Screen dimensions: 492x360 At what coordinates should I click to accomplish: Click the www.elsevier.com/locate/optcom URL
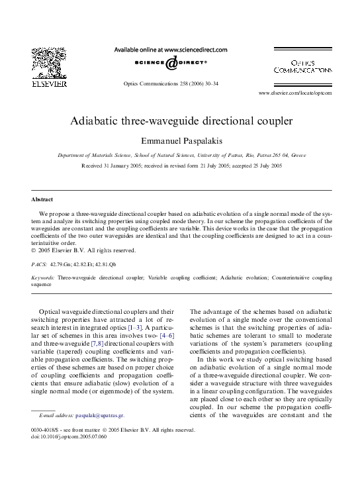pos(295,93)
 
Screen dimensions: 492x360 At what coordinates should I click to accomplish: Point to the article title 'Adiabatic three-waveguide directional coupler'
pos(181,123)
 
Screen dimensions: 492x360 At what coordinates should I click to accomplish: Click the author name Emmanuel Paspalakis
pos(181,140)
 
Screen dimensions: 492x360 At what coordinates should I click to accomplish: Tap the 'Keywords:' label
pos(43,277)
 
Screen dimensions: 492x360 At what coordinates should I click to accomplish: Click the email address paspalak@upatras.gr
pos(99,415)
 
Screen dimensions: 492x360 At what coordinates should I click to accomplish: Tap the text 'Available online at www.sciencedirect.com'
pos(171,50)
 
